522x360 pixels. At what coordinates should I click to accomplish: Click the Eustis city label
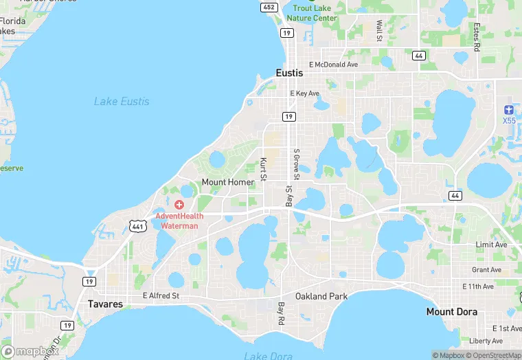(289, 73)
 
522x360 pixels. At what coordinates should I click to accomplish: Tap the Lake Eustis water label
(122, 102)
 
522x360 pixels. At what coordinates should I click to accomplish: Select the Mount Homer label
(228, 182)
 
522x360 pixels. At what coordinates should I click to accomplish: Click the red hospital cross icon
(179, 205)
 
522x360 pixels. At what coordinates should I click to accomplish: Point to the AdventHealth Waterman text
(177, 221)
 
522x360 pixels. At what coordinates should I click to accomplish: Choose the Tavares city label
(105, 304)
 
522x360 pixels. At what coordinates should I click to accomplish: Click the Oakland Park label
(321, 296)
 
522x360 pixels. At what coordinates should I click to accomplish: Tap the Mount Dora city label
(451, 311)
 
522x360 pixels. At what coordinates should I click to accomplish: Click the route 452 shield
(269, 7)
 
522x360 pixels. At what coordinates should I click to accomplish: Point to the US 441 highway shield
(137, 225)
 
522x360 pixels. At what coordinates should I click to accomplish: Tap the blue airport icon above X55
(508, 110)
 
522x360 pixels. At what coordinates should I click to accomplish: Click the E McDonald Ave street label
(333, 65)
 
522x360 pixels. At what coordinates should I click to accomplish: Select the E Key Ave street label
(304, 93)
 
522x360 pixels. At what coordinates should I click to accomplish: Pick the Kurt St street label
(263, 170)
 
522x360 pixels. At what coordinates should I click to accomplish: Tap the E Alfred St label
(161, 296)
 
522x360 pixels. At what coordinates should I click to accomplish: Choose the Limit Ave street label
(491, 245)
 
